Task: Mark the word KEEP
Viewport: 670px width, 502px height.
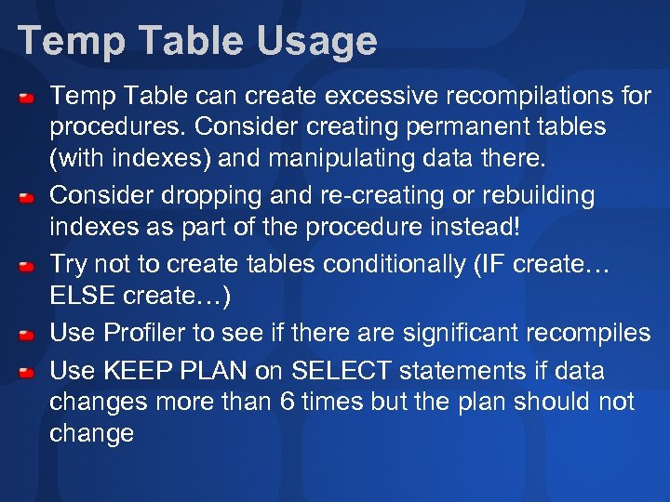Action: [136, 371]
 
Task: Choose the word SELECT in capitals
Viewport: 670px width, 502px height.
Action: [342, 371]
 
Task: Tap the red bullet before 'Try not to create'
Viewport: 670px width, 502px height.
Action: [30, 268]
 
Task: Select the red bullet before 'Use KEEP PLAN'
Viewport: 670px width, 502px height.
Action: [30, 373]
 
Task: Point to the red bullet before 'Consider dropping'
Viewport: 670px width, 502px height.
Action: [30, 198]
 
